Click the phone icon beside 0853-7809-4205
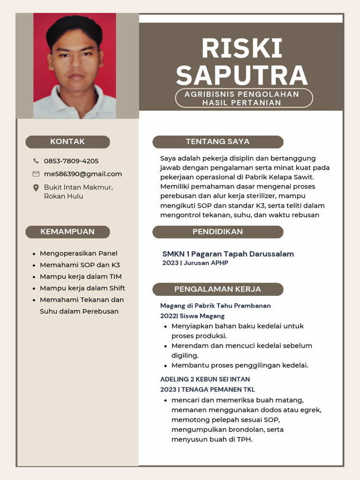pos(36,161)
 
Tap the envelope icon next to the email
pos(36,174)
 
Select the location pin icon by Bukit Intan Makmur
pos(36,188)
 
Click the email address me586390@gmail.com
pos(83,174)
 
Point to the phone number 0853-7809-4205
pos(71,161)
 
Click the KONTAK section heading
pos(67,142)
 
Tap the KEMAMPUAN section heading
pos(67,232)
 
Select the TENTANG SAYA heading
pos(218,142)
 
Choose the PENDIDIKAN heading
pos(218,232)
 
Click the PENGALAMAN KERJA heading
pos(218,289)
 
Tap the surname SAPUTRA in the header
pos(241,75)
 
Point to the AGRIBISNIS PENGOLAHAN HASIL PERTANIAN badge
pos(244,98)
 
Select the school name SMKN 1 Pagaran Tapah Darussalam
pos(228,254)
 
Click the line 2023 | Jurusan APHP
pos(195,263)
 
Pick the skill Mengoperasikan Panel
pos(79,254)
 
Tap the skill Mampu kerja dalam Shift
pos(82,288)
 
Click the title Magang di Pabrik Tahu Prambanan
pos(216,306)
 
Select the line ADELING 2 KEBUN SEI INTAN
pos(205,379)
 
